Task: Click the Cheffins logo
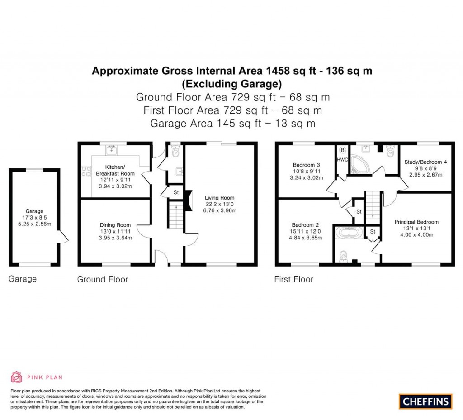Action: point(425,401)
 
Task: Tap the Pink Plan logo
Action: point(37,377)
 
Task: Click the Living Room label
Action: point(219,198)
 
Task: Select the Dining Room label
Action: point(115,225)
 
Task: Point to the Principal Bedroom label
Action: point(416,222)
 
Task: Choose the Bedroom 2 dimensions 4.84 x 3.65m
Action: point(306,238)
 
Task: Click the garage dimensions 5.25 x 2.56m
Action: point(34,224)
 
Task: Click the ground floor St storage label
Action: point(176,192)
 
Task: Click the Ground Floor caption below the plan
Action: point(102,279)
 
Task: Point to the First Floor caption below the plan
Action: point(293,279)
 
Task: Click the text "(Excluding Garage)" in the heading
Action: point(231,84)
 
